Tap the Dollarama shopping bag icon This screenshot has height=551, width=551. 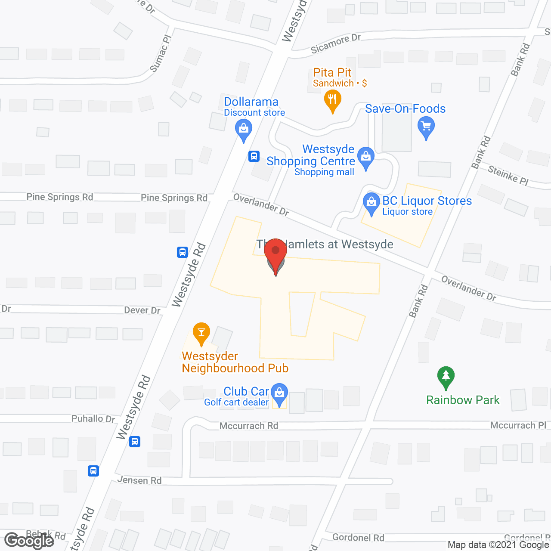(244, 128)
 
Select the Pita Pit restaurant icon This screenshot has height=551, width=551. (332, 99)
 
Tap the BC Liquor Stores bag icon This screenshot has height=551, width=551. (371, 202)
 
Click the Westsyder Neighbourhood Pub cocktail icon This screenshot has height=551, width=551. (201, 332)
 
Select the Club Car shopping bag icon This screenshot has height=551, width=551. (280, 393)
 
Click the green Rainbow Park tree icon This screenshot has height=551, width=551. (446, 376)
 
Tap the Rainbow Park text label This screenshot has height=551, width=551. (463, 400)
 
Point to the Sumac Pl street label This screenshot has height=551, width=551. (161, 54)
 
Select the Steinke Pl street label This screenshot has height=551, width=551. (508, 175)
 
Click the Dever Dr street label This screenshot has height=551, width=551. (142, 310)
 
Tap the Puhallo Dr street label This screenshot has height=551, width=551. (93, 418)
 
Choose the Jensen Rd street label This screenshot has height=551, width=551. (139, 480)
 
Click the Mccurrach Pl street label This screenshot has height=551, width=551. (518, 425)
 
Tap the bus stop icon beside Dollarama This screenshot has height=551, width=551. (254, 156)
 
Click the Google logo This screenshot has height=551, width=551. (29, 540)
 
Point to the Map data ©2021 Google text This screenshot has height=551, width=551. (498, 545)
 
